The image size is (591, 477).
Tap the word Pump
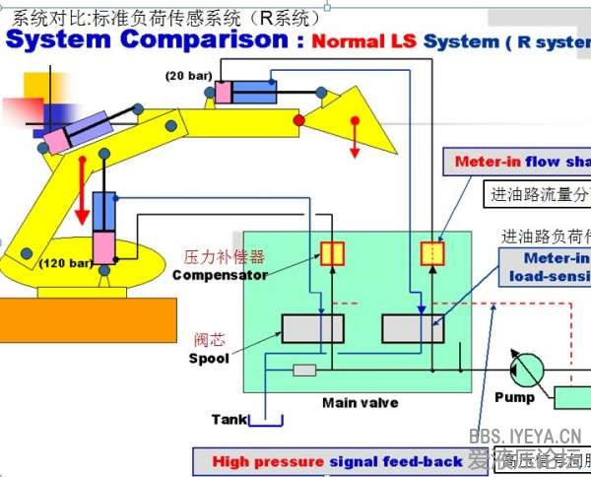514,397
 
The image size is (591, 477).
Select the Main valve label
360,402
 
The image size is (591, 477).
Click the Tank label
230,420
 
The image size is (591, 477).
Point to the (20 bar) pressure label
189,76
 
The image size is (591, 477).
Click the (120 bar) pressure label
66,263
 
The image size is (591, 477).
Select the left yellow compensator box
332,253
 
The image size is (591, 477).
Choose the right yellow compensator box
433,253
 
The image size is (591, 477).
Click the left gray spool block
312,328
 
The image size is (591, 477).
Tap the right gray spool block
413,328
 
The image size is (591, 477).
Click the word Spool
209,359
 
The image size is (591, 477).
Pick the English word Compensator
220,275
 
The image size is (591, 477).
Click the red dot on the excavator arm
299,120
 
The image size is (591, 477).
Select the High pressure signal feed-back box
338,461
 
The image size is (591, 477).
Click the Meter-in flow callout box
519,162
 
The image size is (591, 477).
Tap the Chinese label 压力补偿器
225,257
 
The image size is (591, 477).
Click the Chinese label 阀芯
209,340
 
